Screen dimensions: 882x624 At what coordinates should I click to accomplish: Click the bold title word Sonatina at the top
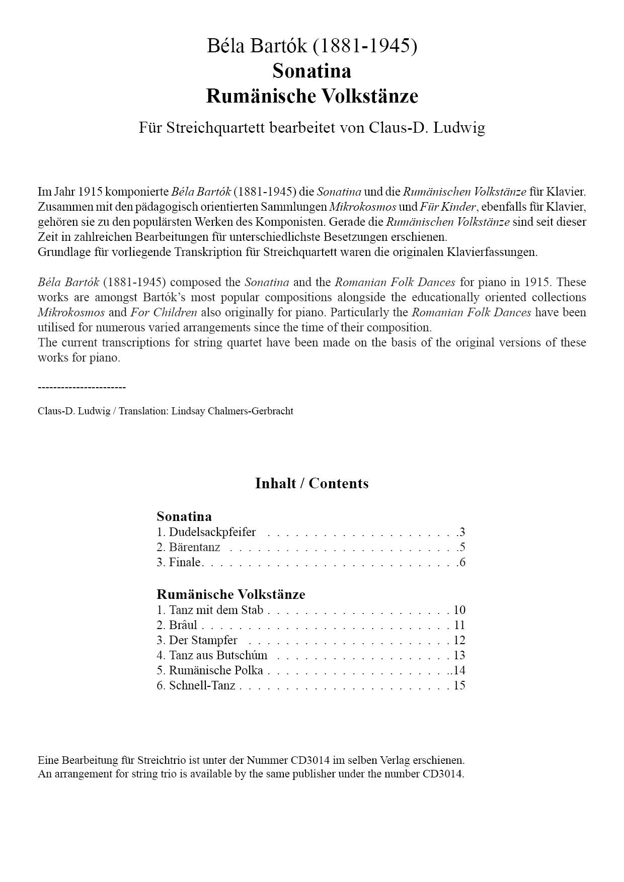[x=311, y=71]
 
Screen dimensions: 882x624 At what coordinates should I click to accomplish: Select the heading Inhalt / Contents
[x=311, y=483]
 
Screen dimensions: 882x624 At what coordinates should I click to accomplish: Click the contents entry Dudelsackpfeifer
[x=212, y=532]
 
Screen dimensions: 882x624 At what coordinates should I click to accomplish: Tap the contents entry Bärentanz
[x=194, y=547]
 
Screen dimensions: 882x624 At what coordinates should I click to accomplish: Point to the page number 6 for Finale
[x=462, y=562]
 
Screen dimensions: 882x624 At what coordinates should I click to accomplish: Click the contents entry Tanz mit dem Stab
[x=216, y=610]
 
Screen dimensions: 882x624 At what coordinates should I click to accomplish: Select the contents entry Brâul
[x=183, y=625]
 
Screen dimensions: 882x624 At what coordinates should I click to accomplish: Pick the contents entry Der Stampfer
[x=203, y=640]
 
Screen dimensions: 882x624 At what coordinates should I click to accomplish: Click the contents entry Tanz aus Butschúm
[x=218, y=655]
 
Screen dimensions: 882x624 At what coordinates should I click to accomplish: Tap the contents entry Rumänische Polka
[x=216, y=670]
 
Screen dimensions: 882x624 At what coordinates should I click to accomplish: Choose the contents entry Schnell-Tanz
[x=202, y=685]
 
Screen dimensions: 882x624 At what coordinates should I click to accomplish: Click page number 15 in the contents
[x=459, y=685]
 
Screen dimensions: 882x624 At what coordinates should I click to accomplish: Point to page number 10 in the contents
[x=459, y=610]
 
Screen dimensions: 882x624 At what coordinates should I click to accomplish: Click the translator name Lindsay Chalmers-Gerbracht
[x=232, y=411]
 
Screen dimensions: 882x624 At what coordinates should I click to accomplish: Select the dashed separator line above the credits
[x=82, y=387]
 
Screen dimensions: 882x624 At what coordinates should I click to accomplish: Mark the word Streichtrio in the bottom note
[x=167, y=760]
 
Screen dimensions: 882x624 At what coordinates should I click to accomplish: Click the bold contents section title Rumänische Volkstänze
[x=230, y=594]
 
